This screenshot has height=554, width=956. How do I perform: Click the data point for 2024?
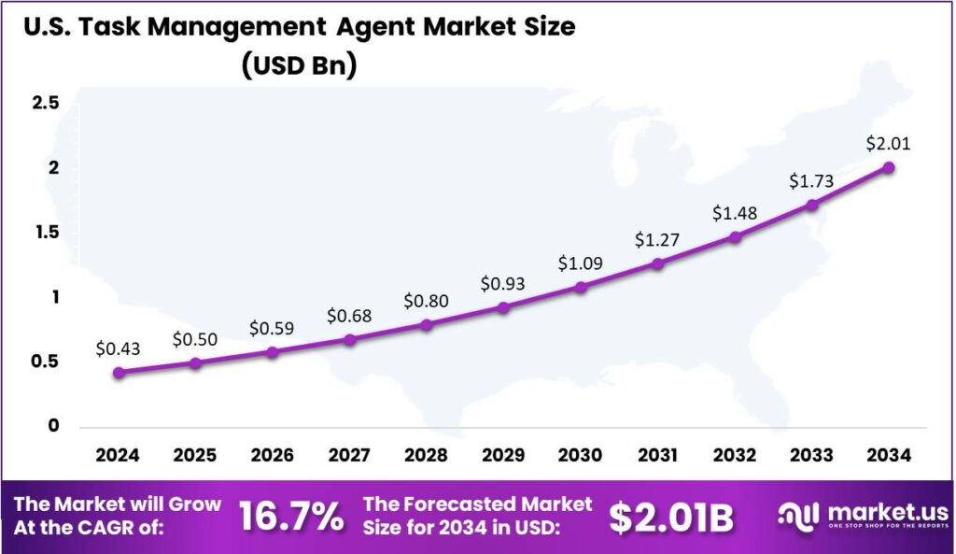119,373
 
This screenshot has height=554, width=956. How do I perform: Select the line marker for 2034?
889,168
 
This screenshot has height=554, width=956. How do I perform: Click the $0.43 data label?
118,348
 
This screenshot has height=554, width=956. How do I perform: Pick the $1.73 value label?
811,180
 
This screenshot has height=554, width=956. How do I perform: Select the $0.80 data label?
427,302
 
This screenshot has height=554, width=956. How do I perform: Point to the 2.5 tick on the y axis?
46,103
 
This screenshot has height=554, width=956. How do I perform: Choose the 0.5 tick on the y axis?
46,362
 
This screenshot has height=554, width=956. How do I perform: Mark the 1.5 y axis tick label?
46,233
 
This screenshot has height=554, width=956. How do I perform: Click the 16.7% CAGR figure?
291,517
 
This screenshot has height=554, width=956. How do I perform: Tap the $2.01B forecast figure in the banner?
671,518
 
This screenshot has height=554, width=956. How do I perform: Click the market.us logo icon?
798,516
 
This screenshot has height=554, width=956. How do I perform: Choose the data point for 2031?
658,264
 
